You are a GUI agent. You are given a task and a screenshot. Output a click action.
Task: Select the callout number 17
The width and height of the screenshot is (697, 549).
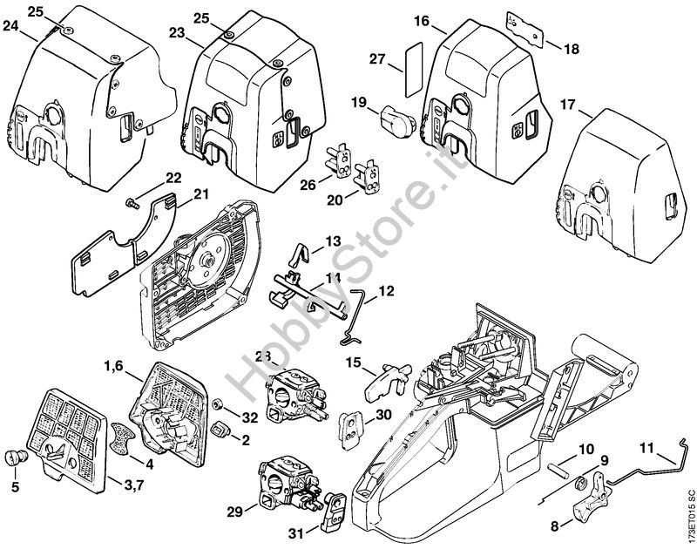[x=568, y=105]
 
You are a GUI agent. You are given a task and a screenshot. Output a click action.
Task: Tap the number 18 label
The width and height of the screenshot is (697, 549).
[x=572, y=50]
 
